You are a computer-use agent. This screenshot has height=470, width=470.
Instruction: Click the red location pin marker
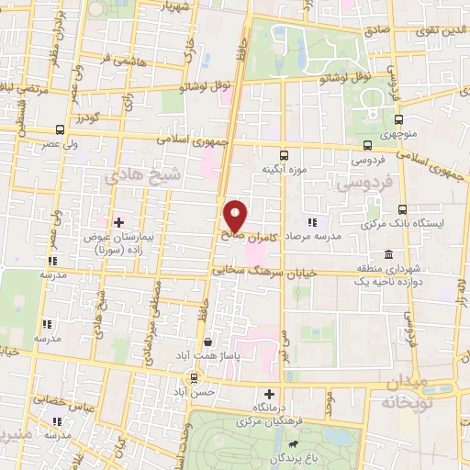(236, 216)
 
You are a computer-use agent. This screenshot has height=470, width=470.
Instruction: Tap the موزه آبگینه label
(283, 170)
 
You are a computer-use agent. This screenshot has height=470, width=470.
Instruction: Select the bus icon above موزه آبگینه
(283, 154)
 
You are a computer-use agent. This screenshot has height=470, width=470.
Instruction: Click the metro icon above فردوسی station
(368, 145)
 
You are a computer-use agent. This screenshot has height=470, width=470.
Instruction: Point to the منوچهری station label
(399, 136)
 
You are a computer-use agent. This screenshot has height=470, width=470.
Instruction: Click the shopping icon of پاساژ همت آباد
(210, 341)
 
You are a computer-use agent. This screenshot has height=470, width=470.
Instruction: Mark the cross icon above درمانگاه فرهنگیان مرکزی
(269, 393)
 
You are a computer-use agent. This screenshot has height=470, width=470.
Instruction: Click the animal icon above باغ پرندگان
(293, 445)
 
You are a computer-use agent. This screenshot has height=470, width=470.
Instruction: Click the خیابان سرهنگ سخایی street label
(264, 272)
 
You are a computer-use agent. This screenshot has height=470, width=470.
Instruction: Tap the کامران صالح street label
(250, 235)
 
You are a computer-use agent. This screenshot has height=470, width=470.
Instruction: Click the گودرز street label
(87, 118)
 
